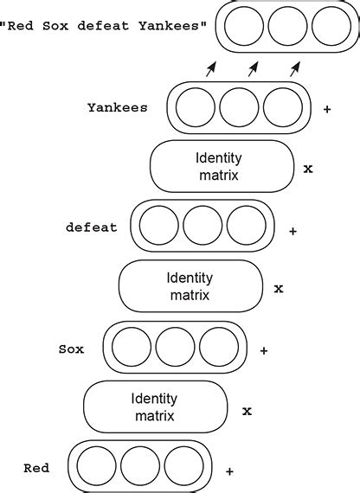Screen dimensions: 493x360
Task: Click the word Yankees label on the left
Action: click(118, 108)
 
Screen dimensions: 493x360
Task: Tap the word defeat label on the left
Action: click(92, 228)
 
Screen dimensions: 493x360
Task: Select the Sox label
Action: click(71, 349)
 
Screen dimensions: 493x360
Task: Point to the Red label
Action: click(36, 468)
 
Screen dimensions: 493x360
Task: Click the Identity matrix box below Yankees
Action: click(222, 166)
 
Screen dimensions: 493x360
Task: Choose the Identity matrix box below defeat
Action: click(190, 286)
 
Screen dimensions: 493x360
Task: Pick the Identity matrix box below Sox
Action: click(155, 407)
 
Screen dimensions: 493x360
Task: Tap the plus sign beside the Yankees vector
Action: click(327, 110)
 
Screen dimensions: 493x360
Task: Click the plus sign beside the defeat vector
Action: click(293, 231)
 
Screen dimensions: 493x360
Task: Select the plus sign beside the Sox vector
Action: click(263, 350)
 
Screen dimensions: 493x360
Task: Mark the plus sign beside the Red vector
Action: click(229, 471)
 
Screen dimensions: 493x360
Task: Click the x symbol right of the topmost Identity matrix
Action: click(308, 169)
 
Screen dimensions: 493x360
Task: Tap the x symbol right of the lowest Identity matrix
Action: click(247, 411)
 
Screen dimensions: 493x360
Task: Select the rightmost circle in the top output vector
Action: click(331, 26)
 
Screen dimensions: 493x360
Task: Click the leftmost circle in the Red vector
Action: click(95, 465)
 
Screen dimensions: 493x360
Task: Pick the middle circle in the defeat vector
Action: click(202, 226)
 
